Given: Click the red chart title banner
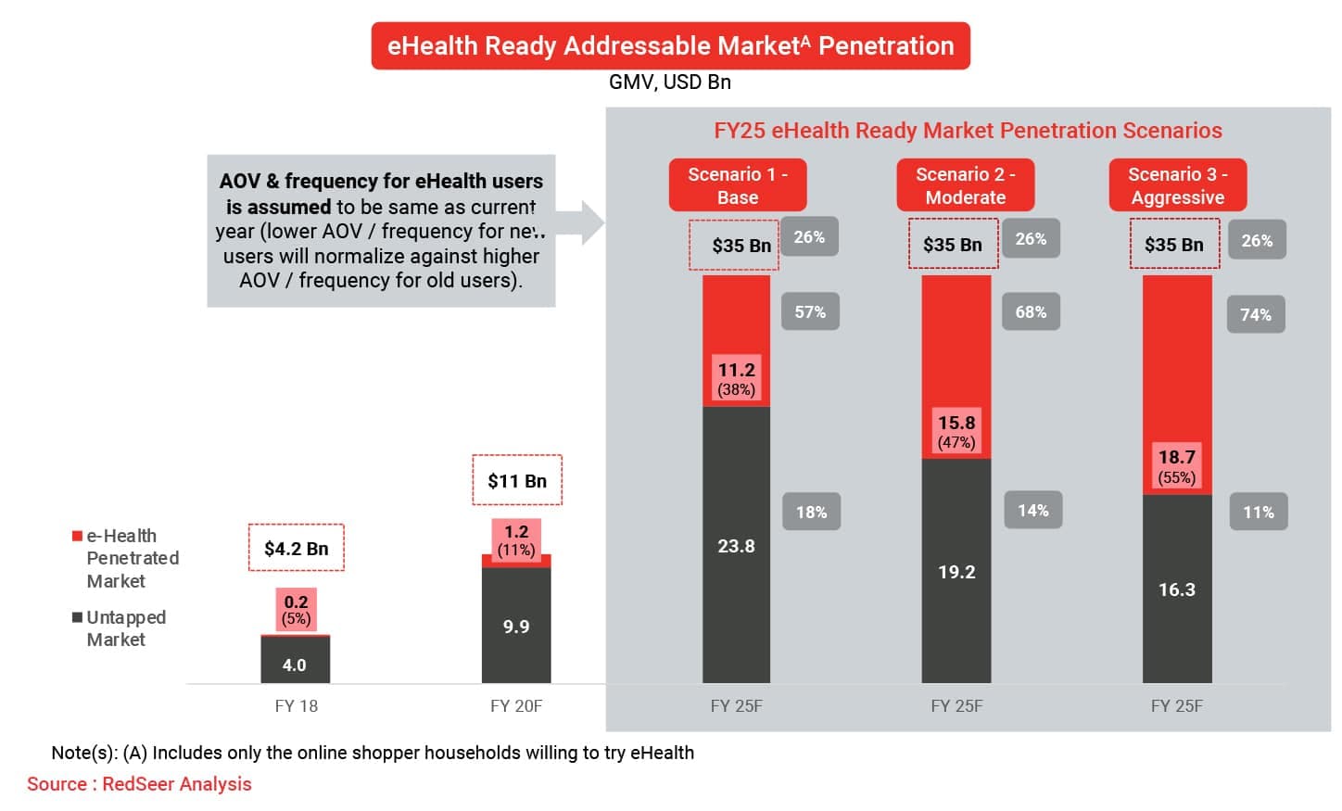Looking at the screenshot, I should pyautogui.click(x=670, y=46).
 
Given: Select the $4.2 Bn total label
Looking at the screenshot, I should pyautogui.click(x=297, y=548).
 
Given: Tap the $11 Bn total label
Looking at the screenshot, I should pyautogui.click(x=517, y=480).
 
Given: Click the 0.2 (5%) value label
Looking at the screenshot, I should pyautogui.click(x=296, y=609).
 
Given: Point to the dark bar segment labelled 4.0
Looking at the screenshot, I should pyautogui.click(x=295, y=662).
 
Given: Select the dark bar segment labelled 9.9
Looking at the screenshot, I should pyautogui.click(x=516, y=626).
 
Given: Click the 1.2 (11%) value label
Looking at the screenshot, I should pyautogui.click(x=516, y=539).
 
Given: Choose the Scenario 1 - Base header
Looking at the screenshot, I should pyautogui.click(x=738, y=185).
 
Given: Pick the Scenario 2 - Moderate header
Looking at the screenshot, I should pyautogui.click(x=965, y=185).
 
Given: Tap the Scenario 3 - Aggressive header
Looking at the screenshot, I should pyautogui.click(x=1177, y=185).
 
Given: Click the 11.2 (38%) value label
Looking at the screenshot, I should pyautogui.click(x=736, y=378).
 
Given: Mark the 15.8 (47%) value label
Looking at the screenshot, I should pyautogui.click(x=956, y=431).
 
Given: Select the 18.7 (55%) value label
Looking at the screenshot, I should pyautogui.click(x=1176, y=466).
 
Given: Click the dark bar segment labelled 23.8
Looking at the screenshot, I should pyautogui.click(x=736, y=547).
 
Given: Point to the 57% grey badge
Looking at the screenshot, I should pyautogui.click(x=810, y=312).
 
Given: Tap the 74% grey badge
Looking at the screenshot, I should pyautogui.click(x=1256, y=315).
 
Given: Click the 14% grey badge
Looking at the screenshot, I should pyautogui.click(x=1033, y=511).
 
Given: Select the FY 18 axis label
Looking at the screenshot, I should pyautogui.click(x=297, y=706).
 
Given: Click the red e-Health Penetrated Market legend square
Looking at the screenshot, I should pyautogui.click(x=78, y=536).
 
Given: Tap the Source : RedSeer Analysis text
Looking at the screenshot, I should pyautogui.click(x=139, y=784).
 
